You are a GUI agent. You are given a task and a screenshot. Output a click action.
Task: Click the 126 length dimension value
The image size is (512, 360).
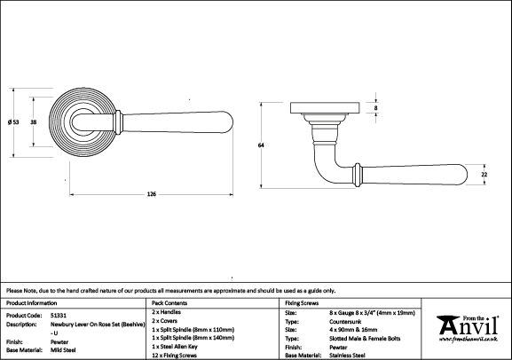point(152,194)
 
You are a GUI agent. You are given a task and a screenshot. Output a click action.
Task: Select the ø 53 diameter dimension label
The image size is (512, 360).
point(13,122)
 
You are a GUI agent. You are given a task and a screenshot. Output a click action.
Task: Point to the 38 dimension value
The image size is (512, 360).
point(34,122)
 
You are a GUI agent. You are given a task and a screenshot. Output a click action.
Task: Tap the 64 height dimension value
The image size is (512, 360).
point(261,145)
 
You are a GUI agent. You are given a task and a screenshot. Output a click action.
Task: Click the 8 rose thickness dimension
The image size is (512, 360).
point(376,107)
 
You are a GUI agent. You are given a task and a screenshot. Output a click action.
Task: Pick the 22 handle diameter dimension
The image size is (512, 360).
point(484,175)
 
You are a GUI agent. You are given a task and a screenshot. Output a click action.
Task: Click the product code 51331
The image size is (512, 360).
point(59,316)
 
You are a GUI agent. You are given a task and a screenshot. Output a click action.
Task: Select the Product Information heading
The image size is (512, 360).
point(31,303)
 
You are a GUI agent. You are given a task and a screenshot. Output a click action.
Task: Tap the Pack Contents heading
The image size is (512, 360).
point(169,303)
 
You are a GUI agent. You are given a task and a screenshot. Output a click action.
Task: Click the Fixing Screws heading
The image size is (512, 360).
point(302,303)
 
